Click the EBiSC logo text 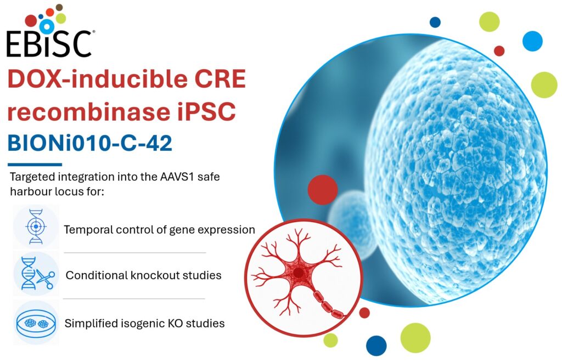point(49,44)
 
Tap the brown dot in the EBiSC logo point(59,7)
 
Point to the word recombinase point(88,111)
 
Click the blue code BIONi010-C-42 point(89,143)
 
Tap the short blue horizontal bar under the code point(35,165)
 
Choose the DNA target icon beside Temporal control point(36,227)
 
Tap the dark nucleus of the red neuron point(298,273)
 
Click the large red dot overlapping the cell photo point(323,190)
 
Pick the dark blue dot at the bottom point(376,346)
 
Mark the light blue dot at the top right point(532,41)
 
